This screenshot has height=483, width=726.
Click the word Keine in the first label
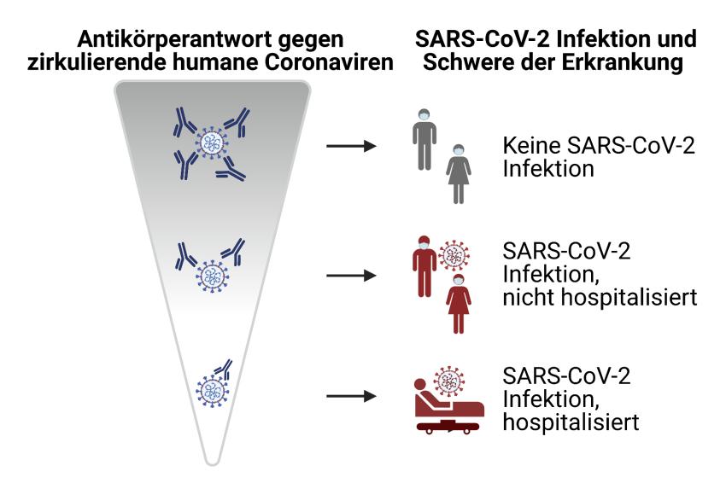[x=531, y=146]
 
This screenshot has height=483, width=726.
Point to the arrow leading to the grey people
[x=351, y=146]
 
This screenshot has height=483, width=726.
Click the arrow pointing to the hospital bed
[x=351, y=396]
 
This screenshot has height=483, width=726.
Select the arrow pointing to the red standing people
[x=351, y=276]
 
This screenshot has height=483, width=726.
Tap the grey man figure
[x=424, y=140]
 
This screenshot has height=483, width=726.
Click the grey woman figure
[x=459, y=174]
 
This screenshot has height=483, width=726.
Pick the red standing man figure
[x=424, y=266]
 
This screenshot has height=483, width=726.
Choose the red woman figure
[x=459, y=304]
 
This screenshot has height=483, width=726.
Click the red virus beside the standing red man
[x=454, y=255]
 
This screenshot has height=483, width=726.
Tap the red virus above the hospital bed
[x=448, y=381]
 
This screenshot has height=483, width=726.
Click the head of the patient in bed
[x=420, y=385]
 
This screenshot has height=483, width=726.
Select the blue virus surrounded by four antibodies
[x=212, y=143]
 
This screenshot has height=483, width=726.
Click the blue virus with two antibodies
[x=213, y=276]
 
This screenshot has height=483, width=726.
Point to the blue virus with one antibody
[x=212, y=391]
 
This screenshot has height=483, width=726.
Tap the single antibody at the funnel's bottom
[x=223, y=369]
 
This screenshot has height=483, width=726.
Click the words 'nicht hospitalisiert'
[x=600, y=297]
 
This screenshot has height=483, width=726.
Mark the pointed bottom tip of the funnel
[x=212, y=463]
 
